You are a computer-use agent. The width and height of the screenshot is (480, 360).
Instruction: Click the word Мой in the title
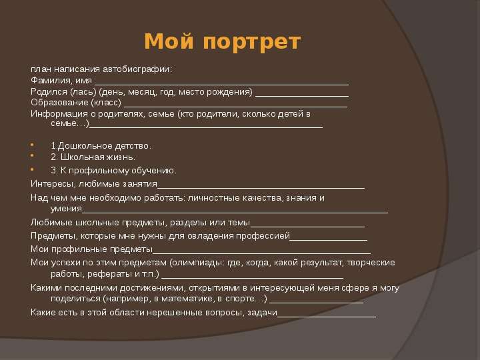[169, 41]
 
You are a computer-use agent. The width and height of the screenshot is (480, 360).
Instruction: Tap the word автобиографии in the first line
[137, 70]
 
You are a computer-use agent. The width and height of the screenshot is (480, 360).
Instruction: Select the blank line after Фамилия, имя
[221, 85]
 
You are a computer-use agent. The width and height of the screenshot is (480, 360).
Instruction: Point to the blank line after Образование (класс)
[236, 107]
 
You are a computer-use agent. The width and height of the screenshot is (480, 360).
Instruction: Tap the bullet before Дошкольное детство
[33, 144]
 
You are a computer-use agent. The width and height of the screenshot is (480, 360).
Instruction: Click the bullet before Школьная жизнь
[33, 155]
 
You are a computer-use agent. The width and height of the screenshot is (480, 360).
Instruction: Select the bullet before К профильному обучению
[33, 169]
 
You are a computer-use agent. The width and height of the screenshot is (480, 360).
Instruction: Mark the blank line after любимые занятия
[261, 188]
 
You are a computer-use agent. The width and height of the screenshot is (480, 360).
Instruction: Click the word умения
[66, 209]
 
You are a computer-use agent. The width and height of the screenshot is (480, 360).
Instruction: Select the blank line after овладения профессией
[329, 240]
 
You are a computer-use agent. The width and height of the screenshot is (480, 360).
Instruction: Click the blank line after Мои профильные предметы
[261, 253]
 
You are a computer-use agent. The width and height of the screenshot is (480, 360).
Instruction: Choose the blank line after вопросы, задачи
[327, 317]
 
